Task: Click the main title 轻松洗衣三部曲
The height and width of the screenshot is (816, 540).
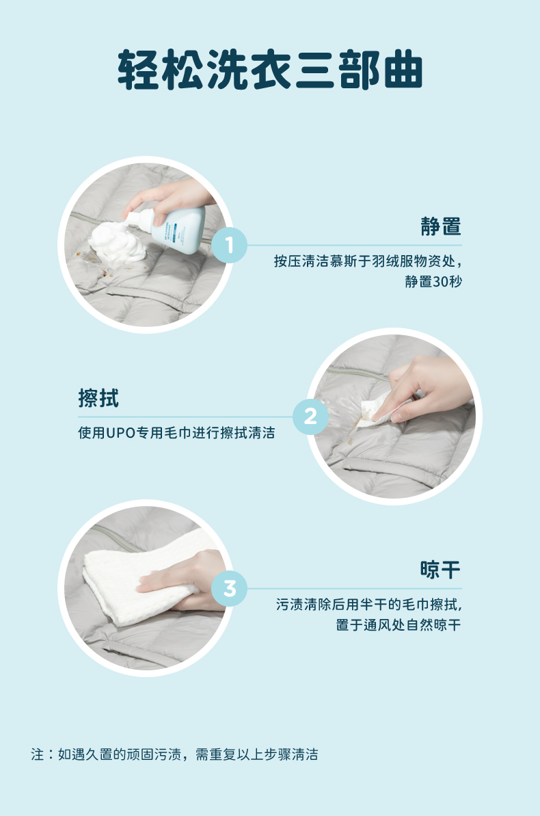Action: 270,70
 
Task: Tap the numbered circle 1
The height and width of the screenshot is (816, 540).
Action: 230,245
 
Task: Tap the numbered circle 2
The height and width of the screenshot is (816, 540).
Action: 310,417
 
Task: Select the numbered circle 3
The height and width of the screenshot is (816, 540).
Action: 230,589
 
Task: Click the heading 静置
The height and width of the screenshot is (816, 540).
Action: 441,226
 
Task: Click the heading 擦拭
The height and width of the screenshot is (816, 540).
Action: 98,398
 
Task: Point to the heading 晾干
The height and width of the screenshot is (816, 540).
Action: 441,570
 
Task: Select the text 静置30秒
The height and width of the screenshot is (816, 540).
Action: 433,282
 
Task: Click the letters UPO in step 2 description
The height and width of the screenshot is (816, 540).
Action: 121,433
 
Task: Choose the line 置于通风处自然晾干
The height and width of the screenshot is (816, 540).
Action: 399,625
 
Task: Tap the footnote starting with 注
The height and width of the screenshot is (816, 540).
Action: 174,754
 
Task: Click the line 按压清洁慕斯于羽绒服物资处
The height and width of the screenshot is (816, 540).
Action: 367,261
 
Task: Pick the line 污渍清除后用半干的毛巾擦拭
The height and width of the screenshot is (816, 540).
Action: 368,604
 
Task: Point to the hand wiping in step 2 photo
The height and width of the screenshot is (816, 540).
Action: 427,388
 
